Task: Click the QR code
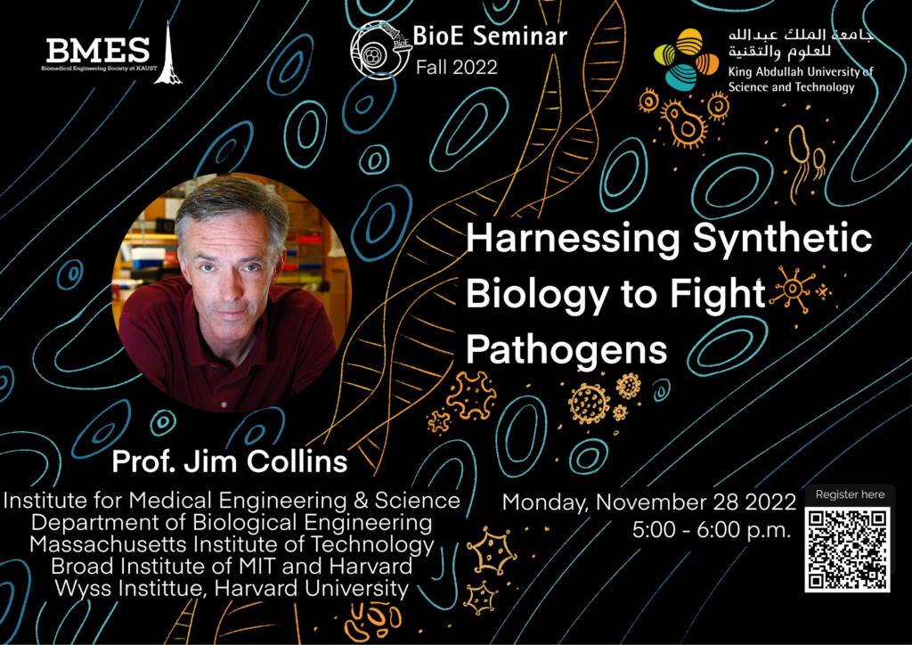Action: coord(848,550)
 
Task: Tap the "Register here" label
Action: coord(850,494)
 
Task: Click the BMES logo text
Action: coord(98,51)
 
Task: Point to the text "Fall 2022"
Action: coord(457,67)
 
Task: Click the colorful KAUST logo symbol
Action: coord(687,60)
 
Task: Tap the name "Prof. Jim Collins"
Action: coord(230,461)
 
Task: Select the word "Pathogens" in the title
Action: coord(566,349)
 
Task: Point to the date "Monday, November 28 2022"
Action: coord(649,502)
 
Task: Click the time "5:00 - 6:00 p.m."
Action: coord(712,530)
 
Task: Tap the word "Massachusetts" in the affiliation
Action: coord(108,544)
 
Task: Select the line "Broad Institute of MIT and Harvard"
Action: coord(232,567)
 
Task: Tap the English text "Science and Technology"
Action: coord(791,87)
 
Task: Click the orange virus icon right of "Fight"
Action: coord(792,289)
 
